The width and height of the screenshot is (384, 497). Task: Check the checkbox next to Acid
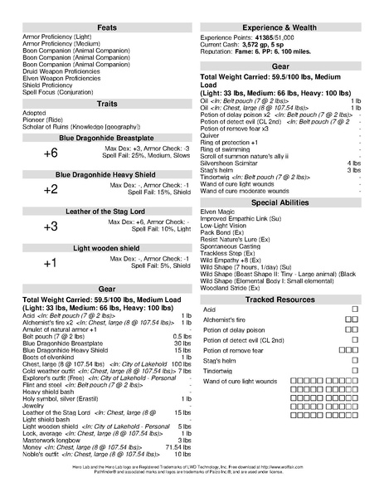click(x=355, y=309)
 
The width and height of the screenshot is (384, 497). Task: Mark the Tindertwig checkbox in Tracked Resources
click(x=355, y=369)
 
